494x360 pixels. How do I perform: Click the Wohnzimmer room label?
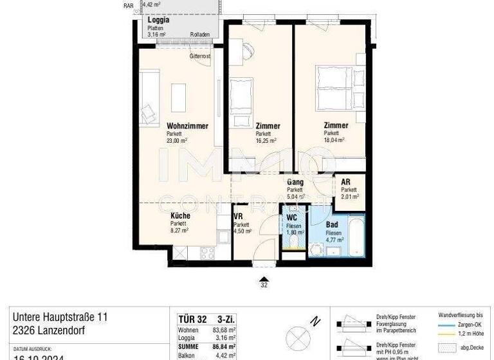[x=187, y=126]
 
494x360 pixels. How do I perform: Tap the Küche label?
[x=180, y=216]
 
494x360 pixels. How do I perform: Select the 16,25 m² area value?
[x=266, y=140]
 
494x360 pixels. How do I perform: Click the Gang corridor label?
[x=295, y=183]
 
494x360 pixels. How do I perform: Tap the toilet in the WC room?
[x=295, y=242]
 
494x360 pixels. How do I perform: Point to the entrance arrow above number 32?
[x=264, y=279]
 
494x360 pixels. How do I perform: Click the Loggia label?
[x=158, y=20]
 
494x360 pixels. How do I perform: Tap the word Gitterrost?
[x=200, y=57]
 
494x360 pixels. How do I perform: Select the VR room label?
[x=238, y=217]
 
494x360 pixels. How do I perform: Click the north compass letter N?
[x=315, y=321]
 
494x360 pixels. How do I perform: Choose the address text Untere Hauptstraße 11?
[x=60, y=318]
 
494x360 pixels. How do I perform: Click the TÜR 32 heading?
[x=191, y=318]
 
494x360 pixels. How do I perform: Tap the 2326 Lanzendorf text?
[x=49, y=331]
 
